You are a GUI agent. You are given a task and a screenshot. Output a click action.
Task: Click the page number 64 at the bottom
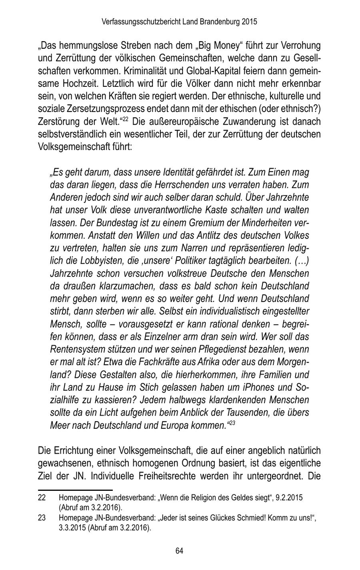pos(179,551)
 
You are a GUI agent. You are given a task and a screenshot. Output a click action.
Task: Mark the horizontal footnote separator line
pos(75,489)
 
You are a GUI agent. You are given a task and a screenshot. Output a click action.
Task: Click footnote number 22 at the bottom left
pos(42,498)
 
